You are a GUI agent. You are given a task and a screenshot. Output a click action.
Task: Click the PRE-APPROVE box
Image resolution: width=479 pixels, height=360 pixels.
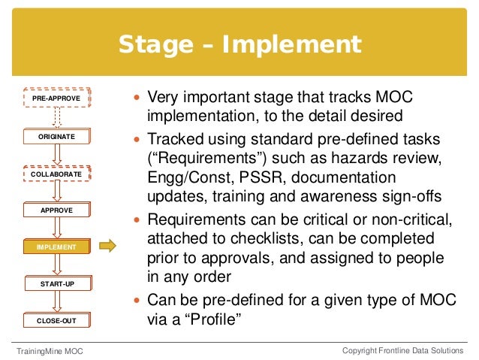pos(56,98)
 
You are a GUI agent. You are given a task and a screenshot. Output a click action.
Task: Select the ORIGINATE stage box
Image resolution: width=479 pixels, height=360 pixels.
pos(56,138)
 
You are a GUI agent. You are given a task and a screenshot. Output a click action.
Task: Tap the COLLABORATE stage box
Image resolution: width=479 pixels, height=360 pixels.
pos(56,174)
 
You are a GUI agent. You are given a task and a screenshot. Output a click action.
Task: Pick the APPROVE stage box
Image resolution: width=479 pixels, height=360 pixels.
pos(56,210)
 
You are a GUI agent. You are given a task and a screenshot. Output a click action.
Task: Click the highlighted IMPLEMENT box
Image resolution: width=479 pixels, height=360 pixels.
pos(56,247)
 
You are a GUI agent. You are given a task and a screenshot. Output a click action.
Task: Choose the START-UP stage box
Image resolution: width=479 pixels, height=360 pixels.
pos(56,284)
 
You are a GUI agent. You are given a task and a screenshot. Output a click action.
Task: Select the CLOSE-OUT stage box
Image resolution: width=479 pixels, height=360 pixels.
pos(56,321)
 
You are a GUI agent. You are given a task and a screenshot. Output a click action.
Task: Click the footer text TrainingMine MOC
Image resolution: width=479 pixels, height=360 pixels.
pos(50,351)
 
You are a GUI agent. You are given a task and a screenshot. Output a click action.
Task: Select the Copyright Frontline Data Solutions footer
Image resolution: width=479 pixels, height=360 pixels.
pos(403,351)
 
